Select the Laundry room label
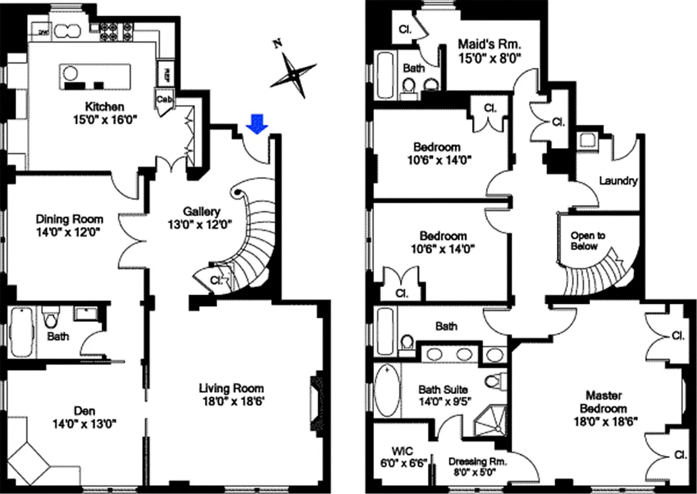[x=618, y=182]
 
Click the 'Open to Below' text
[x=588, y=241]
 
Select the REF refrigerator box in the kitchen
[x=166, y=75]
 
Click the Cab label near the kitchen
[x=165, y=99]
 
